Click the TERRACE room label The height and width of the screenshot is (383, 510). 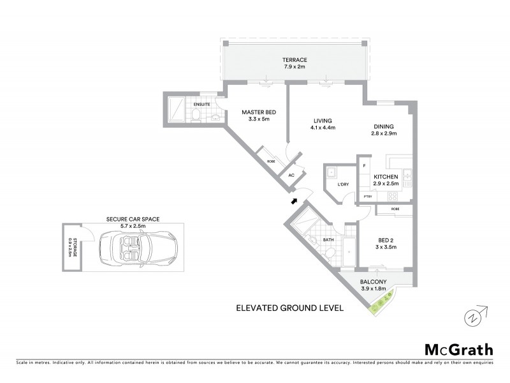click(x=295, y=60)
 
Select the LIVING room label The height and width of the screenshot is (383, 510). click(x=323, y=121)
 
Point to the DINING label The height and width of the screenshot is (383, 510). click(x=384, y=126)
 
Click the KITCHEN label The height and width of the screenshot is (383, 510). click(x=386, y=176)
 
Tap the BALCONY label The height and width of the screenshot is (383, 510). click(x=374, y=282)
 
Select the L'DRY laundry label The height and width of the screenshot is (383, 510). click(x=343, y=184)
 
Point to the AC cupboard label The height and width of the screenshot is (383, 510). click(x=291, y=175)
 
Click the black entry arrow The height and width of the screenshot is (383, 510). click(x=295, y=201)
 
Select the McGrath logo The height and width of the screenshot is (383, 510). click(x=458, y=349)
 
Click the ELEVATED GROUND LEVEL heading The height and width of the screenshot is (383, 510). click(x=289, y=308)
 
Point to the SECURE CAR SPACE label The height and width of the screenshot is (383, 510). click(x=133, y=218)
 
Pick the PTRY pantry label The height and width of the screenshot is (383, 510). click(x=368, y=197)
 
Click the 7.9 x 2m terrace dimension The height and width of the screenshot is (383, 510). click(x=295, y=66)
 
